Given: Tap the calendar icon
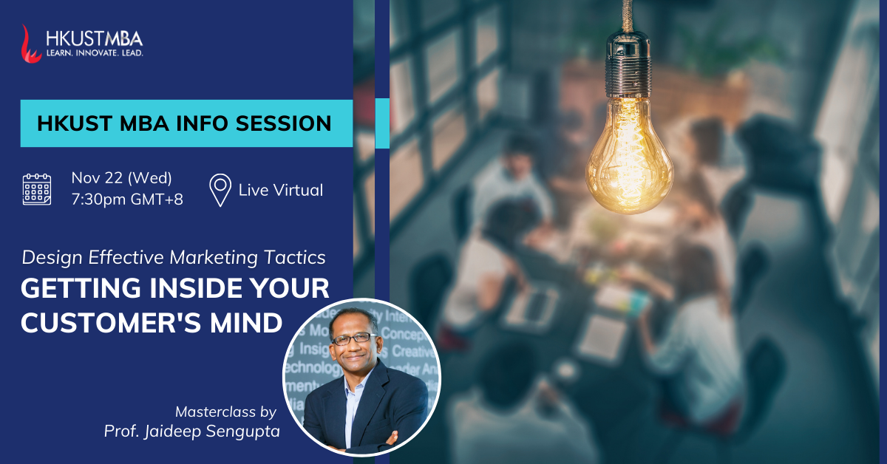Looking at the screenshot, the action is point(37,189).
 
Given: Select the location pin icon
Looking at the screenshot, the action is point(220,190).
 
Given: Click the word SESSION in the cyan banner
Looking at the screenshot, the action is point(284,123).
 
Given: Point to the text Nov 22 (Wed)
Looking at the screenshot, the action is point(121,178).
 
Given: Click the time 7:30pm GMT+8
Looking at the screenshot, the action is point(127,199).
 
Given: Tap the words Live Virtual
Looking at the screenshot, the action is point(281,190).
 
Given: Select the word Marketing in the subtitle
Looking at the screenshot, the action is point(214,258).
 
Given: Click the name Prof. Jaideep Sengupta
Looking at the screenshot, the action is point(191,431).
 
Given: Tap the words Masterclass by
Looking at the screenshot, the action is point(225,412).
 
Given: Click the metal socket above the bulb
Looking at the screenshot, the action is point(628,64).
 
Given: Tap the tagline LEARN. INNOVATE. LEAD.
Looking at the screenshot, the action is point(95,53).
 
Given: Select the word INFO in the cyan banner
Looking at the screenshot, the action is point(202,123).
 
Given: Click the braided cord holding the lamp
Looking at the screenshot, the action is point(627,16).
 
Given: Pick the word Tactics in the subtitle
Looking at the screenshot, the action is point(295,258).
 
